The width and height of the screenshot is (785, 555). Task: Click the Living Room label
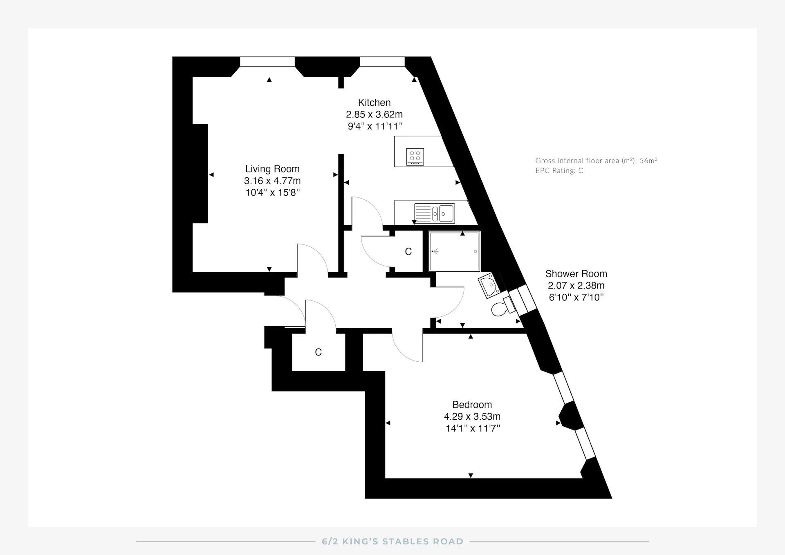tap(272, 169)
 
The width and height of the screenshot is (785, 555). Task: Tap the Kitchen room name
tap(374, 103)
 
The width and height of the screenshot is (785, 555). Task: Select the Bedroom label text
tap(472, 405)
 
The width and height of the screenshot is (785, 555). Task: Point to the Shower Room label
tap(576, 274)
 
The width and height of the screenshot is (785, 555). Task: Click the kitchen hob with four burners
tap(415, 157)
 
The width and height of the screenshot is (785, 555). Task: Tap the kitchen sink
tap(434, 213)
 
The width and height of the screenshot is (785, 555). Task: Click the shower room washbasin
tap(489, 285)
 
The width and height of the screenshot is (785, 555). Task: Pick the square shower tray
tap(454, 251)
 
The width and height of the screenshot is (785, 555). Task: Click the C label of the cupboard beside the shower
tap(408, 252)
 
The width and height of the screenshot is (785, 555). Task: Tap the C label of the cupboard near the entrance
tap(318, 352)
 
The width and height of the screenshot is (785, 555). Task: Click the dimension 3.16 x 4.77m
tap(272, 181)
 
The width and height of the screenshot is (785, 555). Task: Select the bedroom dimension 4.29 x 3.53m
tap(472, 416)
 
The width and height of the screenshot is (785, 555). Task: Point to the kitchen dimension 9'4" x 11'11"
tap(375, 126)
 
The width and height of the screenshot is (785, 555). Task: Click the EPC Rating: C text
tap(559, 171)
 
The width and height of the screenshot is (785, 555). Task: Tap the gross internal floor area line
tap(596, 161)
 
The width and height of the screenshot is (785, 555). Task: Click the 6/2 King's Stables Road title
tap(392, 542)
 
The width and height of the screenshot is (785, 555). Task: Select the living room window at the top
tap(267, 62)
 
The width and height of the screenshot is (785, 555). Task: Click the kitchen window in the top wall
tap(382, 62)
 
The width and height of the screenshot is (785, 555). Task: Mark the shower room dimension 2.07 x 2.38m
tap(576, 286)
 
